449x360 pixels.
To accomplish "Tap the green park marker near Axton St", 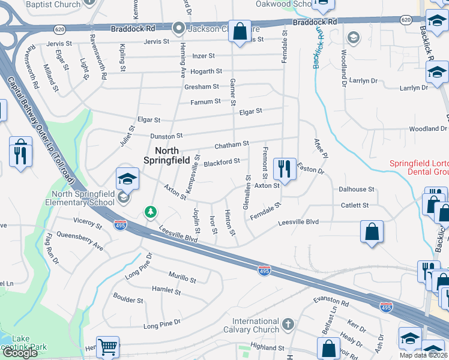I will point(150,212).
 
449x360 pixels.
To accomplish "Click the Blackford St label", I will point(221,161).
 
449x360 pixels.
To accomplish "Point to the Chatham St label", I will point(232,145).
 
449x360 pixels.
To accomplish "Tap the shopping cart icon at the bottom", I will point(107,347).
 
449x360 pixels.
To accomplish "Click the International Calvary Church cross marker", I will point(289,325).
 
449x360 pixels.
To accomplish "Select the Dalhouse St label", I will point(356,189).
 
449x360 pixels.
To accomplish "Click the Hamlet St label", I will point(166,291).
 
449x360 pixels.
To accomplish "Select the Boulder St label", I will point(128,300).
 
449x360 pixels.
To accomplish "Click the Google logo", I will point(20,353).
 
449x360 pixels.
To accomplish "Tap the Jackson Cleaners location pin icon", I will point(178,28).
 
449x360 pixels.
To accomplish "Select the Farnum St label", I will point(205,102).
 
